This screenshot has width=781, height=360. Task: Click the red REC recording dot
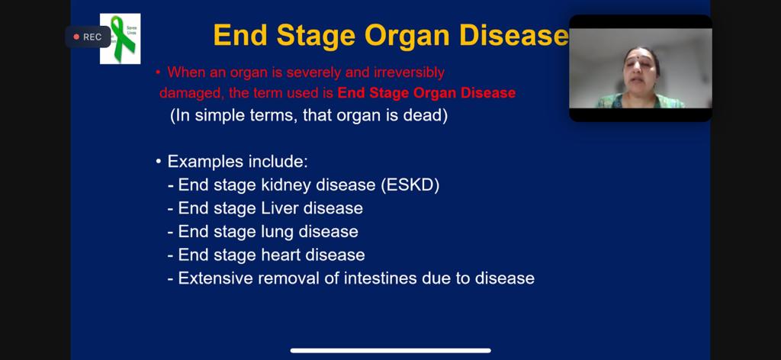[x=76, y=37]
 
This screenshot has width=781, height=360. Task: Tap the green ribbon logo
[x=120, y=38]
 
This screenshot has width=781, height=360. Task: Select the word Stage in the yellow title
[x=316, y=36]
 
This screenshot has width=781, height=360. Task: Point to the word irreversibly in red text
[x=409, y=72]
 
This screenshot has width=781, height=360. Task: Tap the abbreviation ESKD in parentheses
[x=410, y=185]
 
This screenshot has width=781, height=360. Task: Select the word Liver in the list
[x=281, y=208]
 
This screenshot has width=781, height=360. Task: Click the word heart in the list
[x=281, y=255]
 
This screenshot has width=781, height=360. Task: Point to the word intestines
[x=381, y=278]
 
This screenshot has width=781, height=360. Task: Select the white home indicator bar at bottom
[x=390, y=351]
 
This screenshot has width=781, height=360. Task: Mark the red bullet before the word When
[x=157, y=72]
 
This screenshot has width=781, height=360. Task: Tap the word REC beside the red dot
[x=92, y=37]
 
